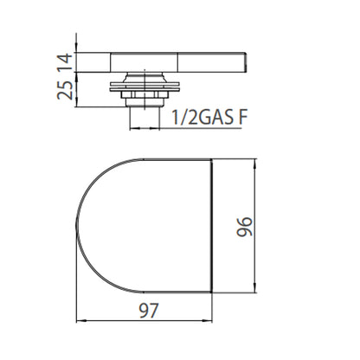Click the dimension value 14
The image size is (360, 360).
click(64, 62)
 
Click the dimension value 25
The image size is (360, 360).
click(65, 90)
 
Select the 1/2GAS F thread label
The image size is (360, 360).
click(209, 117)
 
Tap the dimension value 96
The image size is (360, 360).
click(245, 227)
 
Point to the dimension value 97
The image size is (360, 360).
click(149, 311)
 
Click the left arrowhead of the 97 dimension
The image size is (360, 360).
click(80, 320)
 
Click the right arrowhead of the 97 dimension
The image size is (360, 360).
click(208, 320)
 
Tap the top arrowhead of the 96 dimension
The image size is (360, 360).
click(254, 164)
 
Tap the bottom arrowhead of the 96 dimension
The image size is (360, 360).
click(254, 287)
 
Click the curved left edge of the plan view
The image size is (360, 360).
click(77, 226)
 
